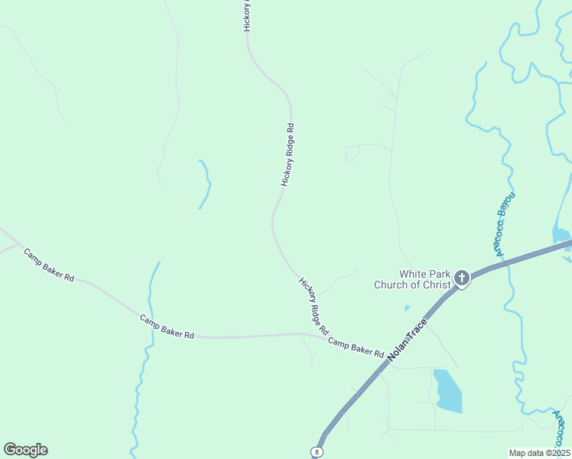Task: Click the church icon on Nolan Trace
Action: (462, 278)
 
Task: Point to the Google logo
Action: (25, 450)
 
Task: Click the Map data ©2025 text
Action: (539, 453)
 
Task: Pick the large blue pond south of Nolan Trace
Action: (447, 391)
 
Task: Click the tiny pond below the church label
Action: (407, 308)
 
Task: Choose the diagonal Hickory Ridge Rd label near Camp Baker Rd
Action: (314, 307)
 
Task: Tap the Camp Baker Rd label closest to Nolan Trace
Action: (356, 347)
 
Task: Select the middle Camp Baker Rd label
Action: (167, 327)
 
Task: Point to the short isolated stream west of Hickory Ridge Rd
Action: (205, 184)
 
